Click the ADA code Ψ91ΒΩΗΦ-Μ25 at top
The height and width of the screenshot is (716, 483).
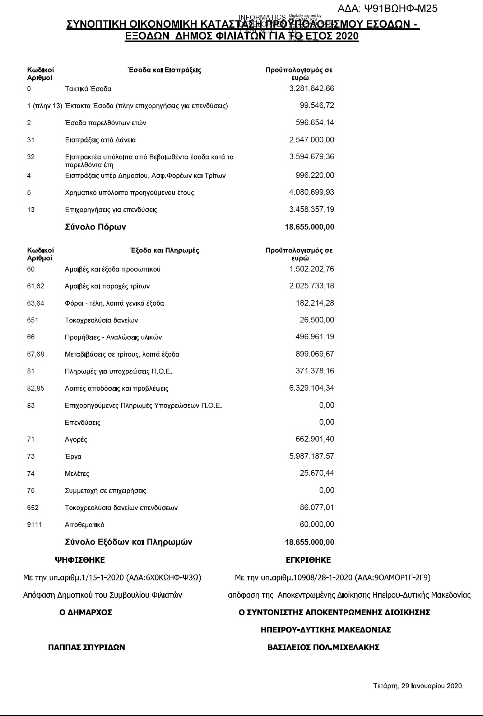click(388, 8)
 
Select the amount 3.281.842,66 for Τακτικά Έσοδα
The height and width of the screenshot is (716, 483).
click(311, 89)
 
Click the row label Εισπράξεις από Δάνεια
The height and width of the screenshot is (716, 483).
click(100, 140)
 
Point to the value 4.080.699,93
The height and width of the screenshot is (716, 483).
click(311, 192)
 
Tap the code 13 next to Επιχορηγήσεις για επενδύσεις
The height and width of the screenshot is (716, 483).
click(31, 209)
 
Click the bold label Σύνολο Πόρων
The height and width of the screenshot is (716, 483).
click(95, 227)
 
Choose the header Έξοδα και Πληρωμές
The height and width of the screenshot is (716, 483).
click(164, 250)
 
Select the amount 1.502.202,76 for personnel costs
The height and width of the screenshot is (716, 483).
click(311, 269)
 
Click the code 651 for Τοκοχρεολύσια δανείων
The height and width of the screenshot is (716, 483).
click(32, 320)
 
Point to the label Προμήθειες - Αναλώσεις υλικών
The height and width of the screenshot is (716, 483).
click(113, 337)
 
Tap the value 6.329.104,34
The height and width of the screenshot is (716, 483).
click(311, 388)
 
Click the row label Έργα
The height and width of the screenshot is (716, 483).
click(73, 457)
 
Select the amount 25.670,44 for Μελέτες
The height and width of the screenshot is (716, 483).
click(317, 473)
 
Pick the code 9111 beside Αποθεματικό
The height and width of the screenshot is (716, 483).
click(34, 524)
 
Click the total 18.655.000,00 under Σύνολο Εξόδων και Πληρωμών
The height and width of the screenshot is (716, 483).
click(309, 542)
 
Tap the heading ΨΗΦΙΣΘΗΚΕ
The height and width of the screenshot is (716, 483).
click(80, 560)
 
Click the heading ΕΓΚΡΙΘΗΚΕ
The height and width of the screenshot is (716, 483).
click(308, 560)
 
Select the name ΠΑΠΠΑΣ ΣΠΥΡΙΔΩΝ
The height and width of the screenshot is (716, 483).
click(87, 647)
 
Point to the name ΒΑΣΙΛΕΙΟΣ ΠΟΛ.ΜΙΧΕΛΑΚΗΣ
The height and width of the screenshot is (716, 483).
click(323, 647)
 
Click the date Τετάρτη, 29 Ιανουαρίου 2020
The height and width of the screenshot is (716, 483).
click(417, 686)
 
